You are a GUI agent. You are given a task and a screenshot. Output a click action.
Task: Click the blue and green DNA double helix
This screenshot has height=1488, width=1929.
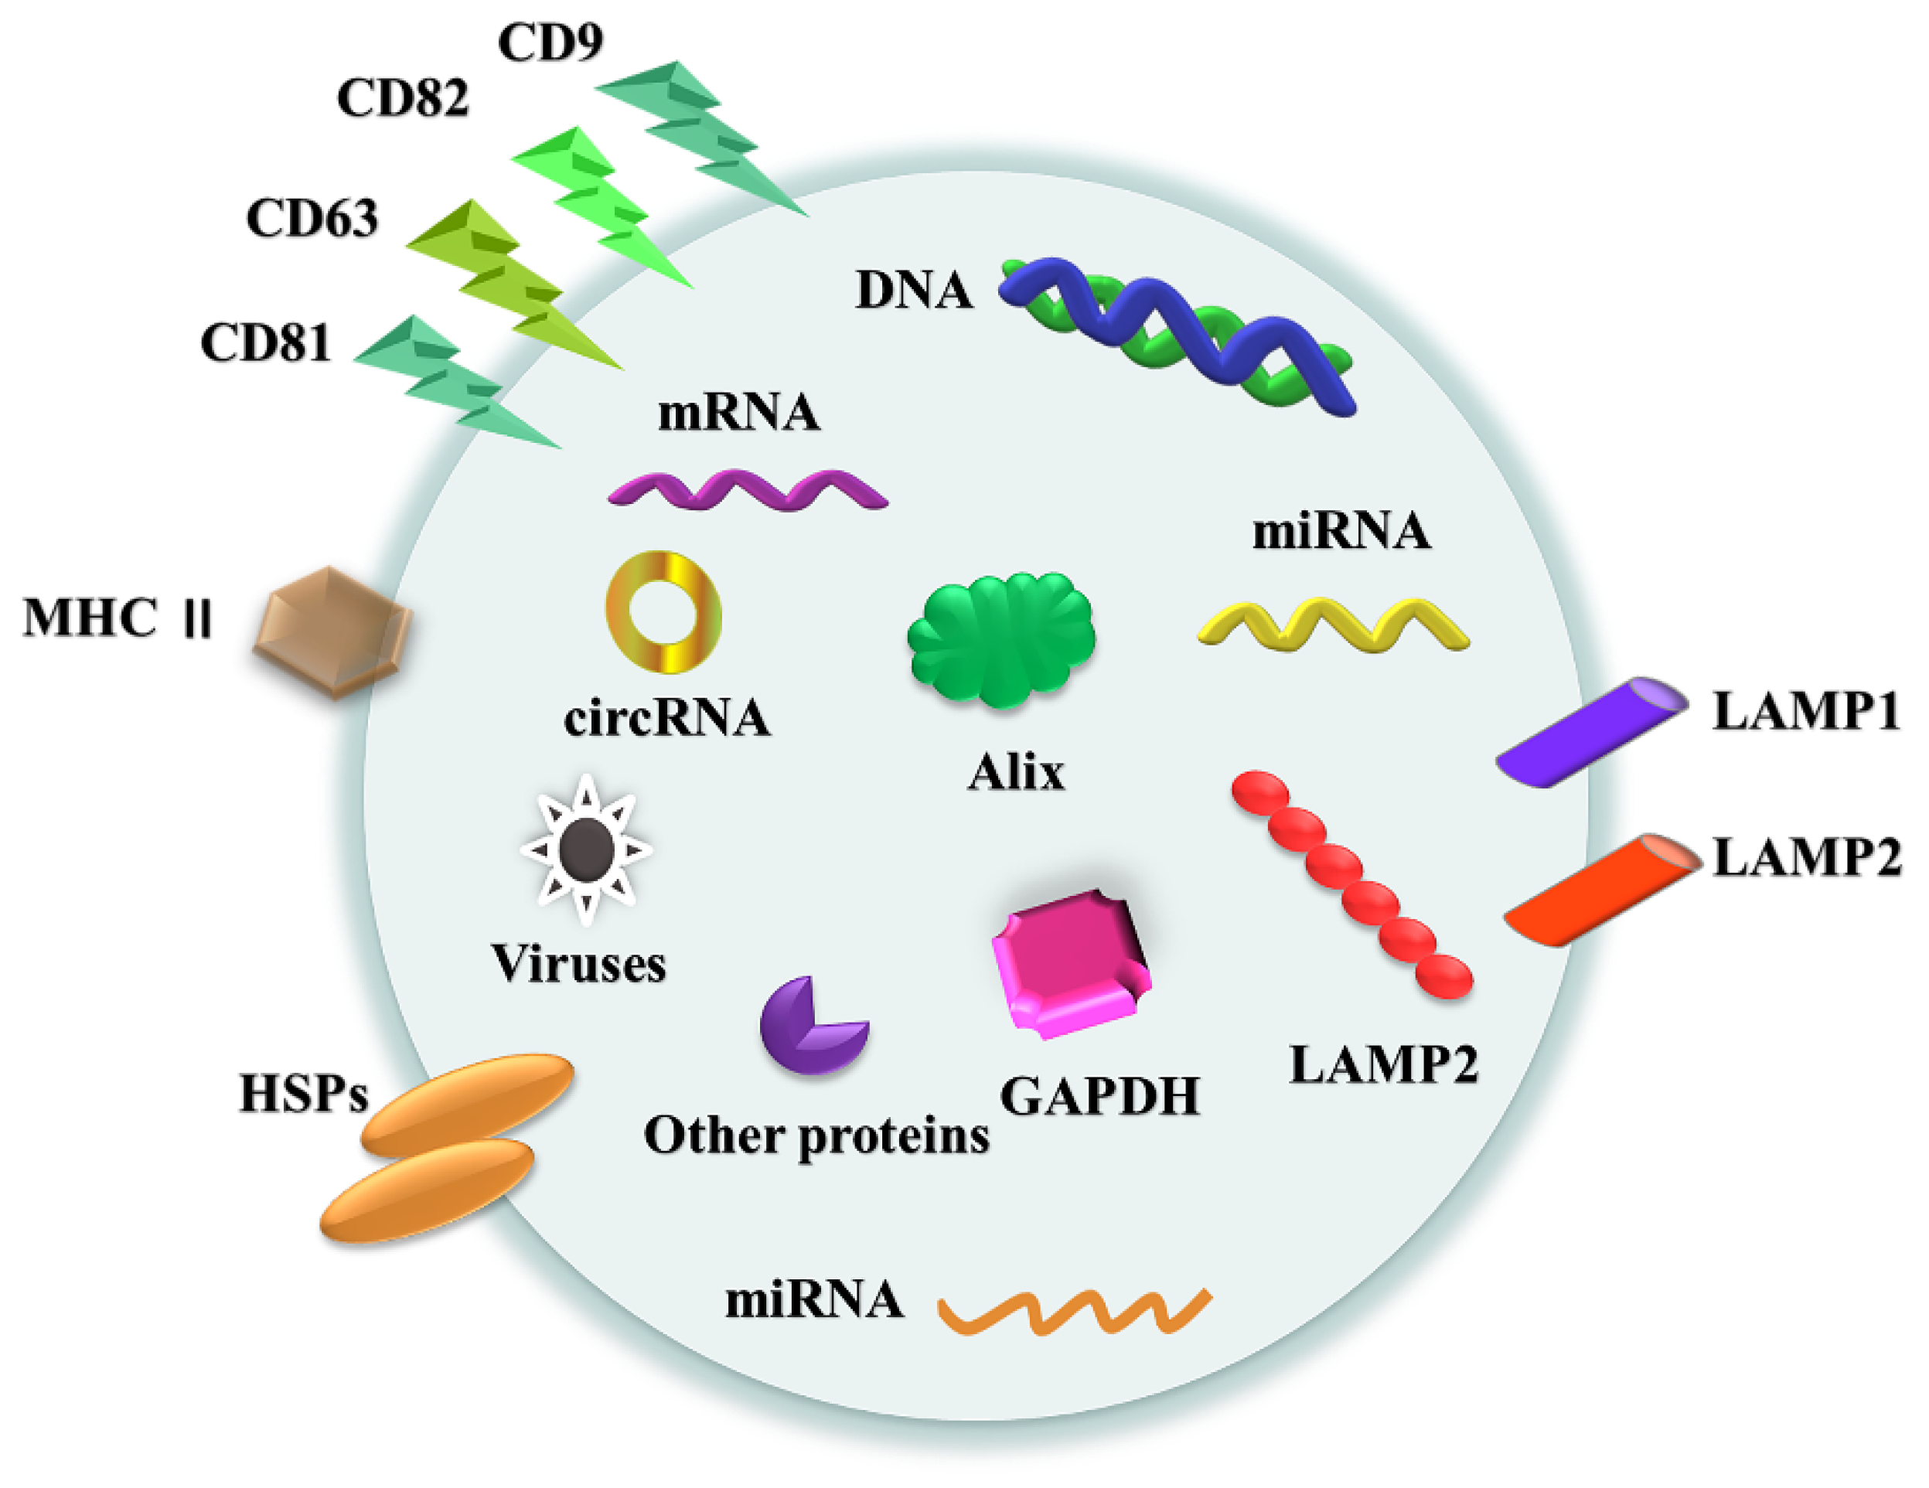(x=1174, y=335)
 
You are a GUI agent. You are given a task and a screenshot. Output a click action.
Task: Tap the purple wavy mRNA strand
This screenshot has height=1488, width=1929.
(x=747, y=491)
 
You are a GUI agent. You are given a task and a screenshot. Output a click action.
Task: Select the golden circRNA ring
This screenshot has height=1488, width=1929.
(x=663, y=612)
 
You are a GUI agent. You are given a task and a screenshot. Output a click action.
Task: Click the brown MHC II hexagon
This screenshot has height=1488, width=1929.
(x=333, y=631)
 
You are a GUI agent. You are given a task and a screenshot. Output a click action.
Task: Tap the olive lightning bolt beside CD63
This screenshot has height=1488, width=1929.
(x=513, y=283)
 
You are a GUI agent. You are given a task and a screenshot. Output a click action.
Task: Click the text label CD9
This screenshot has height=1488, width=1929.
(x=550, y=42)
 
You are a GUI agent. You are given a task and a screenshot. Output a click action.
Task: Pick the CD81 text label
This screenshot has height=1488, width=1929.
(x=265, y=342)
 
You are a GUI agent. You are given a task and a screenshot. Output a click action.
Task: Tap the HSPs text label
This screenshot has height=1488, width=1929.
(x=303, y=1093)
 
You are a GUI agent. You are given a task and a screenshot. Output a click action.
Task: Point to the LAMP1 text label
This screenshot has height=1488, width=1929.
(x=1805, y=711)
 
